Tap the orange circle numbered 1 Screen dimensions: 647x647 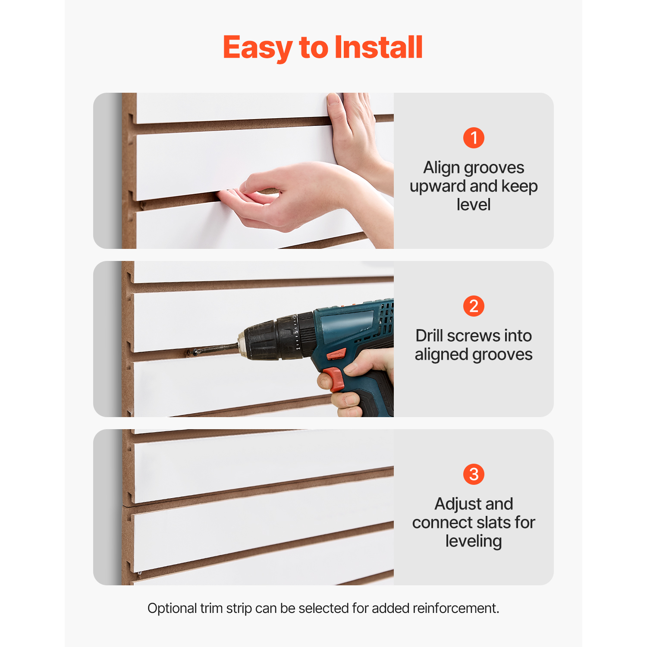coord(474,138)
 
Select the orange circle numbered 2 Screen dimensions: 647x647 coord(474,306)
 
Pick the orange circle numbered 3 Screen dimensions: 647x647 coord(474,474)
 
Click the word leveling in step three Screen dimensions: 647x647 coord(474,541)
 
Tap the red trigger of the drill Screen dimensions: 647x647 coord(333,379)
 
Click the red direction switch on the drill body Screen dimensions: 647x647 coord(336,355)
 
